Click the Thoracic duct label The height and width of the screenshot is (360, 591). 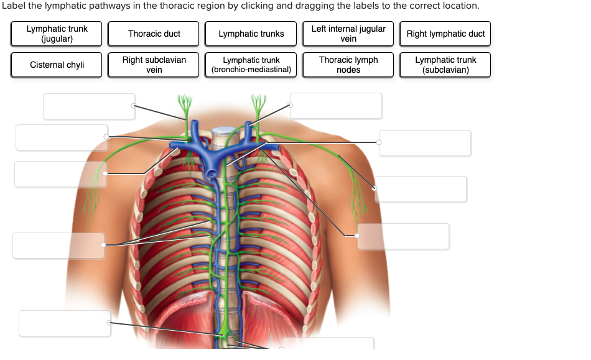tap(154, 34)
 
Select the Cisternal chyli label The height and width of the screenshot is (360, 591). tap(57, 65)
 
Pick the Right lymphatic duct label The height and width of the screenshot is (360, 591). tap(445, 34)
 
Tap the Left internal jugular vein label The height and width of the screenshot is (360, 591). tap(348, 34)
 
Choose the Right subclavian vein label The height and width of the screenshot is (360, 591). tap(154, 65)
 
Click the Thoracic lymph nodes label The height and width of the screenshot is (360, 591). tap(348, 65)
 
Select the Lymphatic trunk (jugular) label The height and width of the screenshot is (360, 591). tap(57, 34)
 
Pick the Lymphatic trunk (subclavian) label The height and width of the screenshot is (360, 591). tap(445, 65)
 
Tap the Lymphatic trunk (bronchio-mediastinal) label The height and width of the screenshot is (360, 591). tap(251, 65)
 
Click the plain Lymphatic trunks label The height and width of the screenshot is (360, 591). tap(251, 34)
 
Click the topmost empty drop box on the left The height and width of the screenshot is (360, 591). tap(89, 106)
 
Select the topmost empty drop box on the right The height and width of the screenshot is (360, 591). tap(336, 106)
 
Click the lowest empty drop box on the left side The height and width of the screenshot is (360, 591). tap(65, 323)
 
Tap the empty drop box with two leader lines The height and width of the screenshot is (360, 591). tap(58, 246)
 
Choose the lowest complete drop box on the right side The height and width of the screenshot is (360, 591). tap(403, 236)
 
